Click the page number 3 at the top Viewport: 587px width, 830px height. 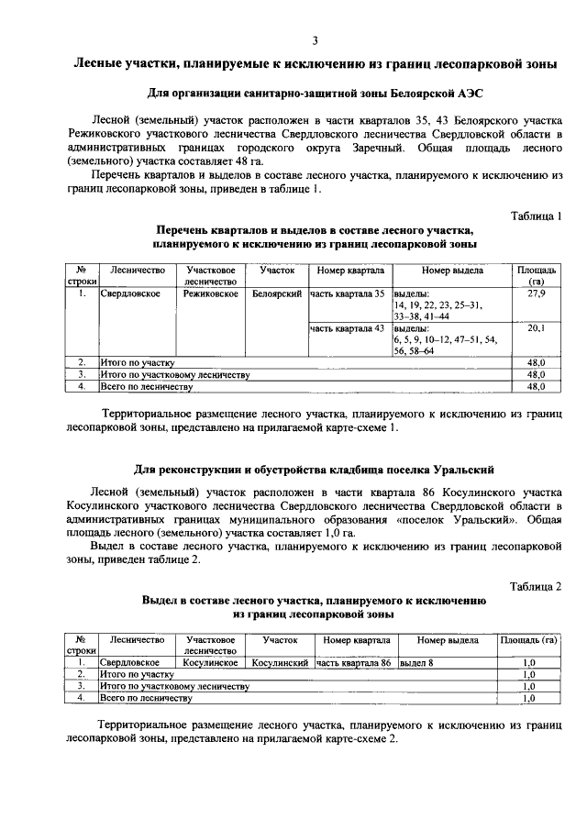[315, 39]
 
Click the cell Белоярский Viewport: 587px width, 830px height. [277, 293]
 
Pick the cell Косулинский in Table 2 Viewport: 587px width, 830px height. [279, 661]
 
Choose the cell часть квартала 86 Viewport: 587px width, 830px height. [353, 661]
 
